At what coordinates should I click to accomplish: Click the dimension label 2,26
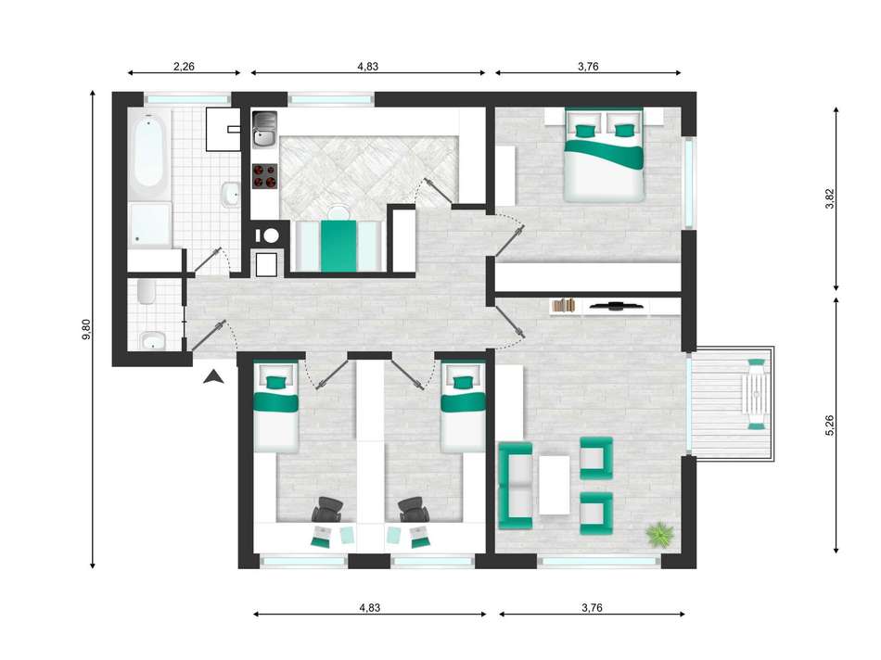pyautogui.click(x=184, y=67)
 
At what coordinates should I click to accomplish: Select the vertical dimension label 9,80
pyautogui.click(x=86, y=329)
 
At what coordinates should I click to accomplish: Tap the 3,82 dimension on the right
pyautogui.click(x=829, y=198)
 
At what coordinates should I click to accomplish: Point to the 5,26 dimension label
pyautogui.click(x=829, y=425)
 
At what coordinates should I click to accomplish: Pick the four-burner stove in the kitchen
pyautogui.click(x=264, y=175)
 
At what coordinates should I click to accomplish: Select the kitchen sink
pyautogui.click(x=264, y=129)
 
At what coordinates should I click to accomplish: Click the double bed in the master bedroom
pyautogui.click(x=604, y=156)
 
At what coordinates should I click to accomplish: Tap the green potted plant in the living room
pyautogui.click(x=659, y=534)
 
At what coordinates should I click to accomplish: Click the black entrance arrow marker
pyautogui.click(x=213, y=377)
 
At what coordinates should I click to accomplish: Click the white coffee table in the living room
pyautogui.click(x=554, y=485)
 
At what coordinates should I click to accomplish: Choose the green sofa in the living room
pyautogui.click(x=516, y=486)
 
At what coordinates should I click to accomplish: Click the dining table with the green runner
pyautogui.click(x=338, y=246)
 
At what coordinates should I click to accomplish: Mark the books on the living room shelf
pyautogui.click(x=564, y=306)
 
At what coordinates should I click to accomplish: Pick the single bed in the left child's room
pyautogui.click(x=275, y=407)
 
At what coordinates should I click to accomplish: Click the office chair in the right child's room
pyautogui.click(x=414, y=510)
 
